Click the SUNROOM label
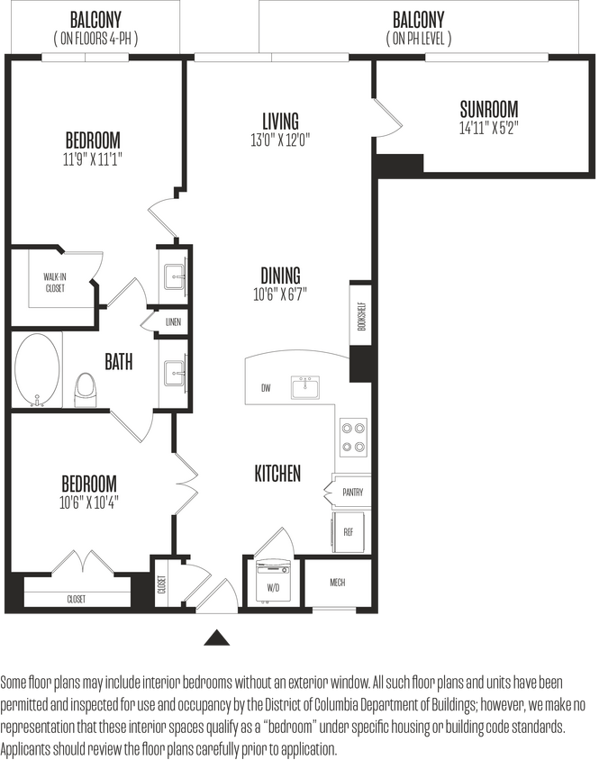[x=489, y=110]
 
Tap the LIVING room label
[x=280, y=121]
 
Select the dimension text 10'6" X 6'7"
[x=280, y=294]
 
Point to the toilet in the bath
[x=86, y=390]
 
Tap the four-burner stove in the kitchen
[x=352, y=437]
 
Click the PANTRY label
[x=352, y=493]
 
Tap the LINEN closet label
[x=172, y=321]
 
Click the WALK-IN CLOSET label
[x=55, y=283]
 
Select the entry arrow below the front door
[x=215, y=638]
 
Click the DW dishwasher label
[x=266, y=389]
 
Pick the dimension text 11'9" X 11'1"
[x=93, y=159]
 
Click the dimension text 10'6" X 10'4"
[x=90, y=502]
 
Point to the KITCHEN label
[x=277, y=474]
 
